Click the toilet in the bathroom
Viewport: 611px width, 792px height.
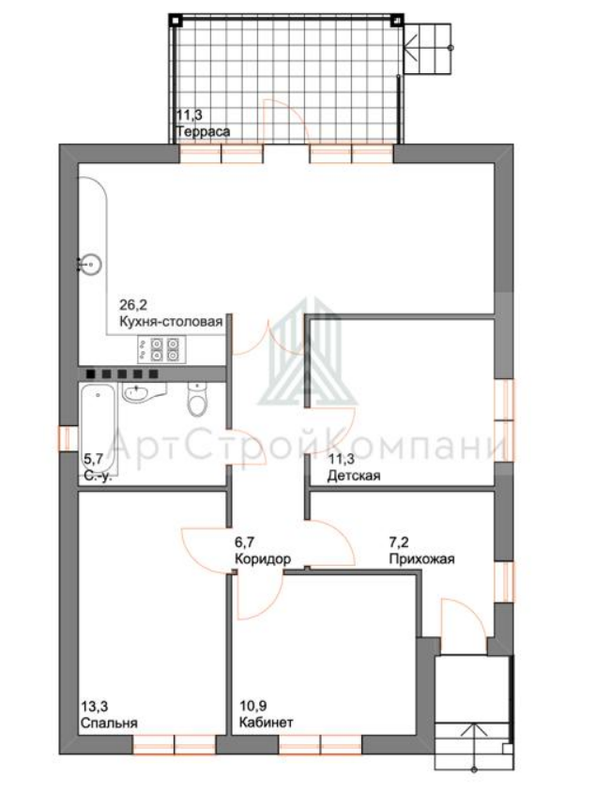click(x=197, y=400)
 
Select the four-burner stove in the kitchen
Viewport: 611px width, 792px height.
click(x=161, y=349)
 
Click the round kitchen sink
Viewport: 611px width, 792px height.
click(x=92, y=265)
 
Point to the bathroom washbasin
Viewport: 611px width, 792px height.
click(x=144, y=392)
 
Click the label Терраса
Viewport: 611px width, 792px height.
click(x=203, y=131)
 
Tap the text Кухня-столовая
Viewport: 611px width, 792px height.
click(x=171, y=322)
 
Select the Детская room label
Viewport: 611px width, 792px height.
click(x=354, y=476)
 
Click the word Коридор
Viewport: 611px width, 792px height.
click(x=263, y=559)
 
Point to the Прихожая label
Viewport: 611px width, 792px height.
click(x=421, y=559)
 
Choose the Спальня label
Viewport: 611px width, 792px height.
click(x=109, y=723)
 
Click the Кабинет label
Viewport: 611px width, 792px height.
click(x=266, y=723)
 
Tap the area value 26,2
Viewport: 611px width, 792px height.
click(x=133, y=305)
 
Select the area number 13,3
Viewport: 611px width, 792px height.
click(x=95, y=706)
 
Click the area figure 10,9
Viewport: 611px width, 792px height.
click(x=252, y=706)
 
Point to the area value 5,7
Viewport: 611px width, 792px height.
click(x=93, y=459)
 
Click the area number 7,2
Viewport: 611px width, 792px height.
click(x=399, y=542)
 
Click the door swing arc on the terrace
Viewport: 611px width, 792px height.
click(x=287, y=112)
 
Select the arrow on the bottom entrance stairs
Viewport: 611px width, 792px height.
click(x=474, y=747)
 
